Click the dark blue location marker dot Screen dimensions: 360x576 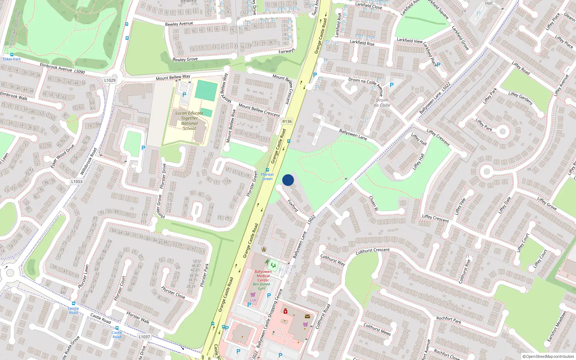pyautogui.click(x=288, y=180)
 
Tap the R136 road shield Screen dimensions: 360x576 pyautogui.click(x=287, y=122)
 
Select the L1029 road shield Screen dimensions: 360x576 pyautogui.click(x=110, y=80)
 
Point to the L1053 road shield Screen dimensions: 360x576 pyautogui.click(x=77, y=182)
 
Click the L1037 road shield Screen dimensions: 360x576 pyautogui.click(x=144, y=337)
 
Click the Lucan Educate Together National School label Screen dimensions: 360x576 pyautogui.click(x=189, y=121)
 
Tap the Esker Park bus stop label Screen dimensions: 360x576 pyautogui.click(x=12, y=59)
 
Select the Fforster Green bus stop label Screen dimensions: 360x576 pyautogui.click(x=267, y=176)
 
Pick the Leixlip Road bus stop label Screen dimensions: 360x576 pyautogui.click(x=73, y=310)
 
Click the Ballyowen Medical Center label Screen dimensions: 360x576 pyautogui.click(x=263, y=276)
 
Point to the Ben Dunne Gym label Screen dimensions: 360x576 pyautogui.click(x=261, y=286)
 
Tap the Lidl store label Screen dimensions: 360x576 pyautogui.click(x=253, y=300)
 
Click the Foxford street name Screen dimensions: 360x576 pyautogui.click(x=293, y=206)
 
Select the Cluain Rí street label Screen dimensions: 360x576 pyautogui.click(x=373, y=203)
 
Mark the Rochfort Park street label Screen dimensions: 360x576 pyautogui.click(x=449, y=320)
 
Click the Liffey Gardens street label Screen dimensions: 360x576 pyautogui.click(x=520, y=98)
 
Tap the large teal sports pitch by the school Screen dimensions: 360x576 pyautogui.click(x=206, y=91)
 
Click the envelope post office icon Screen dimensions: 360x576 pyautogui.click(x=307, y=316)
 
